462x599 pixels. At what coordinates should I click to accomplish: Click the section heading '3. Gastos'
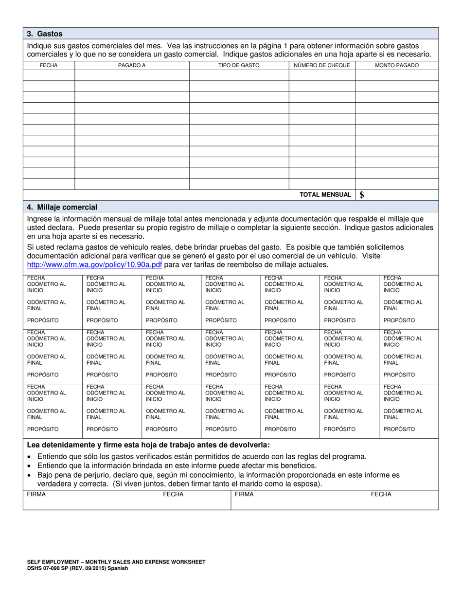pyautogui.click(x=45, y=34)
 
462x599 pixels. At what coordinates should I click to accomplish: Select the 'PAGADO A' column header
pyautogui.click(x=131, y=65)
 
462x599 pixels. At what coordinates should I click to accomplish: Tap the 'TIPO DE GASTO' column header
pyautogui.click(x=239, y=65)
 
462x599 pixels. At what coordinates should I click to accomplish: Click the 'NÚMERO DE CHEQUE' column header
pyautogui.click(x=322, y=65)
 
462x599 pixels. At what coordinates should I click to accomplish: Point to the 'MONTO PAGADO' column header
pyautogui.click(x=397, y=65)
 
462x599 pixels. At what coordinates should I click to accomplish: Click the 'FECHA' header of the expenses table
pyautogui.click(x=49, y=65)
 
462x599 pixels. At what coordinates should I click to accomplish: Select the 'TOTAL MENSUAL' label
pyautogui.click(x=325, y=195)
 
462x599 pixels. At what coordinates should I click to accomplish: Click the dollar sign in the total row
pyautogui.click(x=362, y=195)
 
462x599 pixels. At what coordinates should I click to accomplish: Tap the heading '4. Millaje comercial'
pyautogui.click(x=62, y=207)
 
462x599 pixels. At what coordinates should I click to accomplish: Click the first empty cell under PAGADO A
pyautogui.click(x=131, y=75)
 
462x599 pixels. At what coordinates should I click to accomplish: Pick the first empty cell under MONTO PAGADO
pyautogui.click(x=397, y=75)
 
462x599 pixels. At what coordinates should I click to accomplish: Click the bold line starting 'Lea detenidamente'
pyautogui.click(x=148, y=445)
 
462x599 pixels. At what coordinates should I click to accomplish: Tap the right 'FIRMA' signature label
pyautogui.click(x=244, y=494)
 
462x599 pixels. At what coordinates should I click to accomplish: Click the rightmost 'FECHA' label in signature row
pyautogui.click(x=381, y=494)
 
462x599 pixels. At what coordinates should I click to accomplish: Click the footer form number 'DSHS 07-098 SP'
pyautogui.click(x=49, y=568)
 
